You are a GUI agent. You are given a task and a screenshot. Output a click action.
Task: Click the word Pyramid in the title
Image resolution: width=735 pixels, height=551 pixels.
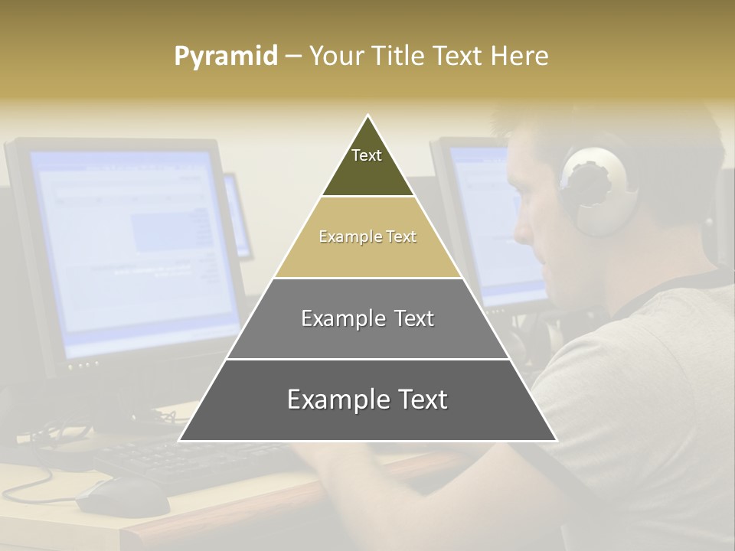click(x=226, y=57)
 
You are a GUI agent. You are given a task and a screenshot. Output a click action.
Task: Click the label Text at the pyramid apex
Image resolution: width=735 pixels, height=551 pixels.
click(x=367, y=155)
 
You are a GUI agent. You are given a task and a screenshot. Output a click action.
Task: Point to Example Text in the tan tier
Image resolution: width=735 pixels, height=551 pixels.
click(x=367, y=237)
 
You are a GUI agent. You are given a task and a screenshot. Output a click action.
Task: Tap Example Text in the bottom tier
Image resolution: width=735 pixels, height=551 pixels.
click(x=367, y=400)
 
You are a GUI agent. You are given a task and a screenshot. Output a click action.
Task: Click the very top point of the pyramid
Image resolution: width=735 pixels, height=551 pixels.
click(x=367, y=116)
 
